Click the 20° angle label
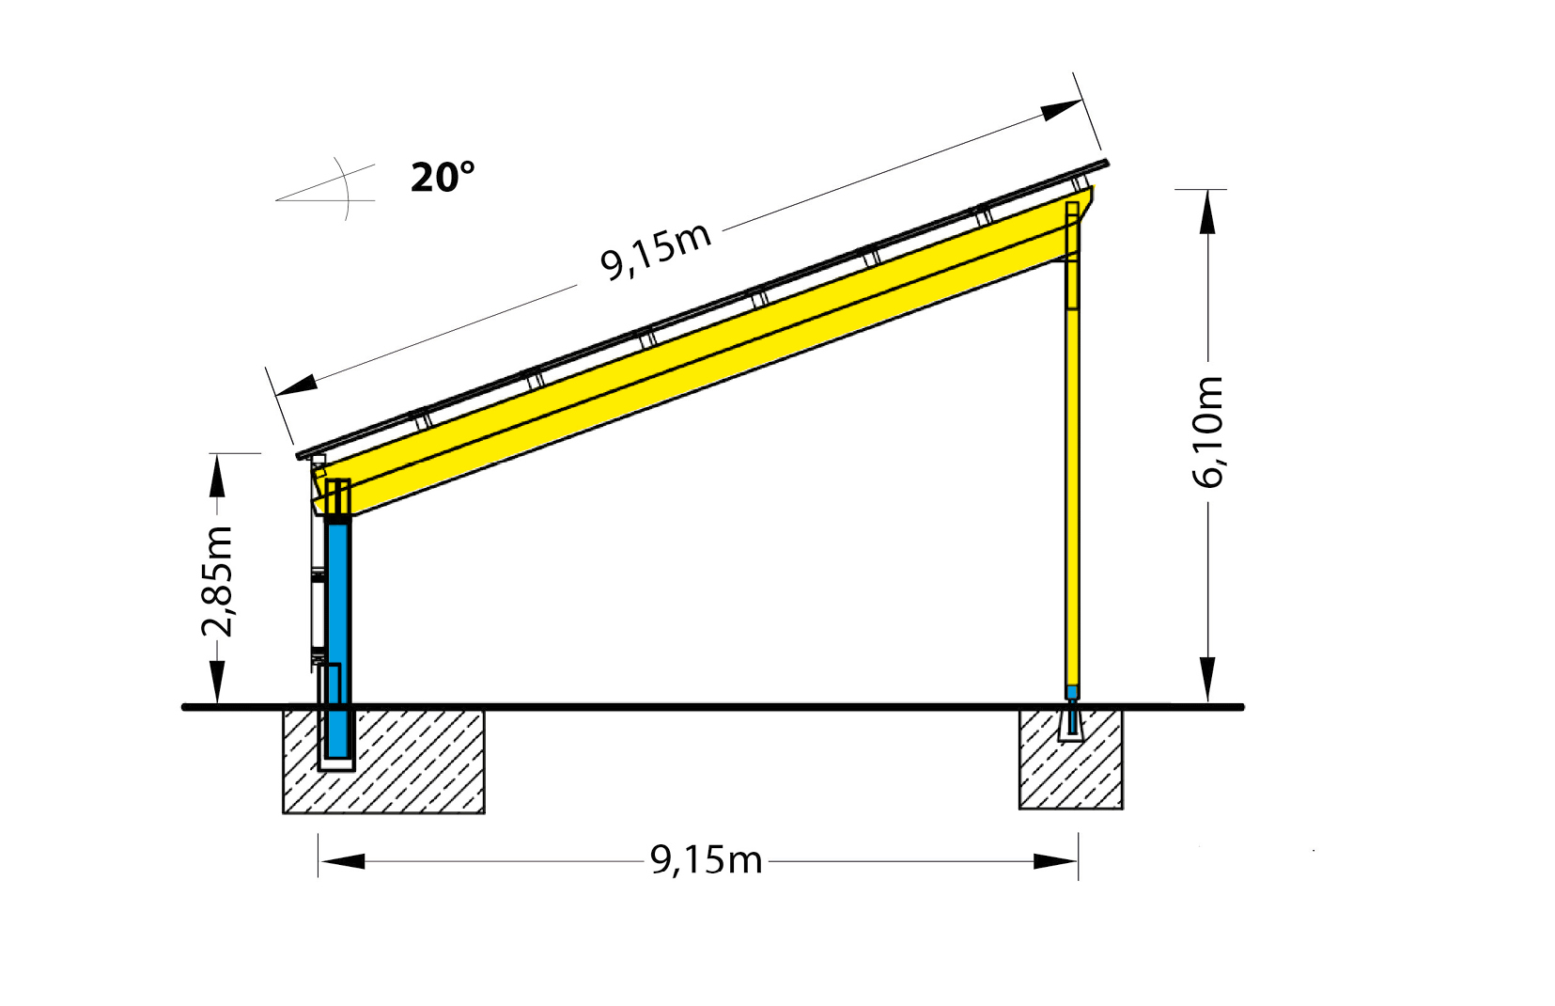443,178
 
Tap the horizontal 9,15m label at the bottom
706,859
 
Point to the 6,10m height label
1208,432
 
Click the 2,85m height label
218,582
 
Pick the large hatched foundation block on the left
413,762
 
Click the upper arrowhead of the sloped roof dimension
1062,110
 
